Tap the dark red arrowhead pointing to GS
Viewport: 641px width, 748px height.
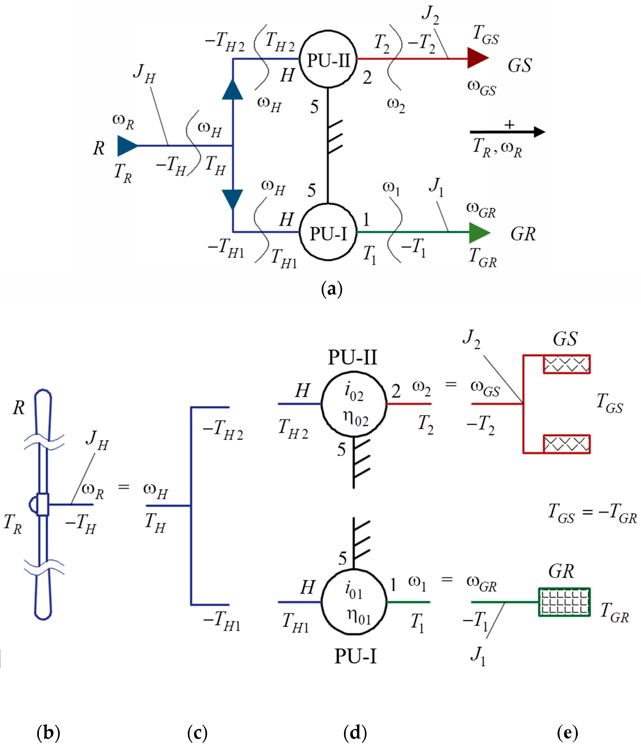[477, 58]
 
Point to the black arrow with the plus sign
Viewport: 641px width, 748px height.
[507, 132]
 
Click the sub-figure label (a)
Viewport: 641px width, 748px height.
[331, 289]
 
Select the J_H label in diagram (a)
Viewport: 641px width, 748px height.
[144, 73]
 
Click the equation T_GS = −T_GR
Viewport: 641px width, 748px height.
[592, 513]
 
